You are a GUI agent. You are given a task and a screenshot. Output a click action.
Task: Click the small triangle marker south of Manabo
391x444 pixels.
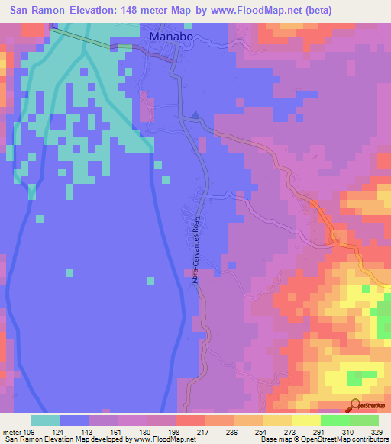pos(195,116)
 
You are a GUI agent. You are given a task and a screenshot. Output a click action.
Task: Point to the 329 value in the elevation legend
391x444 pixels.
pos(377,432)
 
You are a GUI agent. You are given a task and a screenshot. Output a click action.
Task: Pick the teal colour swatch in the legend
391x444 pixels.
pos(45,421)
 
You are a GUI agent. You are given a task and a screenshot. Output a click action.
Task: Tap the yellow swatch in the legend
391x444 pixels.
pos(306,421)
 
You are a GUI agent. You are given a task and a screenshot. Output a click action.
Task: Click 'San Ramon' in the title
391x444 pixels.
pos(39,11)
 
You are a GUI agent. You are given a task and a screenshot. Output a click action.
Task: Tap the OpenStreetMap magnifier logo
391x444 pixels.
pos(354,405)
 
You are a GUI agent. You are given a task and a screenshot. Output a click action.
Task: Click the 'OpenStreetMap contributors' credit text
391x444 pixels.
pos(348,440)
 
